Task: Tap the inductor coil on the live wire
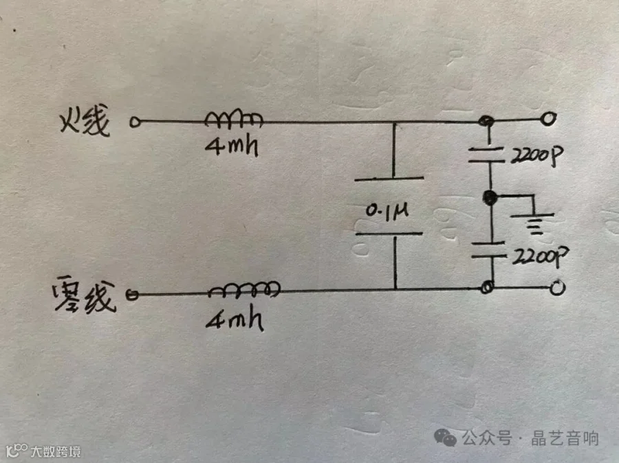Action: (x=234, y=120)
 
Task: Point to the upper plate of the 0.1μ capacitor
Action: (x=390, y=180)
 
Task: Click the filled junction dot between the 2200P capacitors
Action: (x=490, y=199)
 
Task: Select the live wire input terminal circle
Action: (x=135, y=123)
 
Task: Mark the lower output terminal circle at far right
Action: (x=558, y=288)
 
